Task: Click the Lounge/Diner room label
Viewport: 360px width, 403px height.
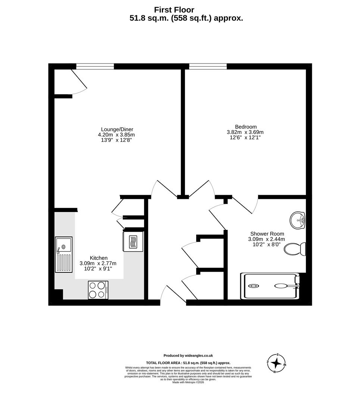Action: pyautogui.click(x=115, y=129)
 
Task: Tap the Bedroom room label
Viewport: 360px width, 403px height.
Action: pyautogui.click(x=245, y=127)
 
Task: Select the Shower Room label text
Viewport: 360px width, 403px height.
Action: pyautogui.click(x=267, y=234)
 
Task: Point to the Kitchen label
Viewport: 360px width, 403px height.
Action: pyautogui.click(x=98, y=258)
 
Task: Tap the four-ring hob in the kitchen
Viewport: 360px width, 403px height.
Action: pyautogui.click(x=98, y=290)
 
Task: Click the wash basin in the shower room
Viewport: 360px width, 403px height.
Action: pyautogui.click(x=298, y=220)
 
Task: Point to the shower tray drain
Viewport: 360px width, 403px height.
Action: pyautogui.click(x=254, y=286)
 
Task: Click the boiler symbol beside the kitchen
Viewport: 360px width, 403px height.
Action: pyautogui.click(x=133, y=242)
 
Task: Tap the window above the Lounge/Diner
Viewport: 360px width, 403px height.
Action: pyautogui.click(x=95, y=66)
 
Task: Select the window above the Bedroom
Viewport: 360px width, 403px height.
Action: pyautogui.click(x=208, y=66)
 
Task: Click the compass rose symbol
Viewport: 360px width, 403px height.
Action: pyautogui.click(x=276, y=363)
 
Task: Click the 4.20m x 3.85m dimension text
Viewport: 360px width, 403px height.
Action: pyautogui.click(x=116, y=135)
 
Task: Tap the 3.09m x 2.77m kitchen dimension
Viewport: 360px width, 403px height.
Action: pyautogui.click(x=98, y=263)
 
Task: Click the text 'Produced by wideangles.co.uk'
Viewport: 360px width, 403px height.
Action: pyautogui.click(x=188, y=356)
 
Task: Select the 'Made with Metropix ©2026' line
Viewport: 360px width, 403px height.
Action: pyautogui.click(x=188, y=382)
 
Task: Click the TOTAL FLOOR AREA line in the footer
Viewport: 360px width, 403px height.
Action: pyautogui.click(x=188, y=363)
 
